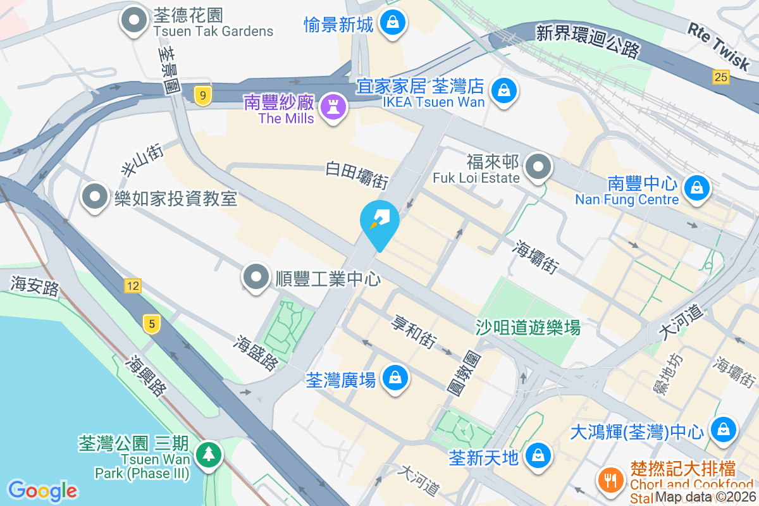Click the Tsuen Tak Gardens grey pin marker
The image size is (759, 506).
[x=134, y=21]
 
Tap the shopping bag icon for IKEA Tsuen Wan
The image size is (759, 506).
[x=504, y=90]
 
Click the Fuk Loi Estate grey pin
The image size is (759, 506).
[x=538, y=168]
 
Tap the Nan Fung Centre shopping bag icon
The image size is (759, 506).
[x=696, y=187]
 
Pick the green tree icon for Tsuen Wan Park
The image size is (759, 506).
[x=207, y=454]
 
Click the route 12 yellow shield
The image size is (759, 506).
[x=132, y=286]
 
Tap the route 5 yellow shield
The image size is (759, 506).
[x=151, y=324]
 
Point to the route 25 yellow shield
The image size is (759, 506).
[x=720, y=77]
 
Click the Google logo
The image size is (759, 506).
[x=42, y=491]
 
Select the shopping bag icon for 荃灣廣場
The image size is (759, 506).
[x=395, y=378]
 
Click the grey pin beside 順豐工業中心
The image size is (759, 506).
[x=257, y=277]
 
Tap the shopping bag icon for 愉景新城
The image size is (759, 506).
[x=393, y=23]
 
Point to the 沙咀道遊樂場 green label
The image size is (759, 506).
[x=528, y=327]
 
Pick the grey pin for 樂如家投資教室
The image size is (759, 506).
[x=96, y=197]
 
